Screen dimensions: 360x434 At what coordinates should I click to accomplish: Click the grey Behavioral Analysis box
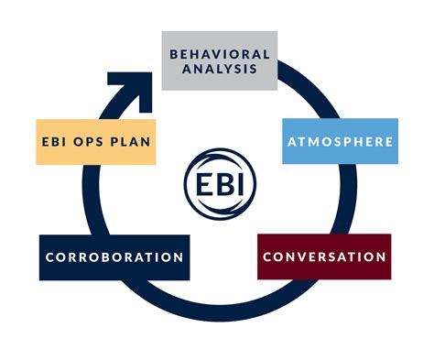[x=220, y=60]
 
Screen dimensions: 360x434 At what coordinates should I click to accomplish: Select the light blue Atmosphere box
[x=340, y=142]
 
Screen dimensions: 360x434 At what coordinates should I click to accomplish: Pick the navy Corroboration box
[x=114, y=257]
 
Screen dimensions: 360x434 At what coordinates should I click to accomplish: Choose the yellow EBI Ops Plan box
[x=97, y=143]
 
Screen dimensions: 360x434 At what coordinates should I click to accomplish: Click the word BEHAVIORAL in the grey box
[x=220, y=54]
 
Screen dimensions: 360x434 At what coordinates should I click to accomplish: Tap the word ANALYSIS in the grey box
[x=220, y=68]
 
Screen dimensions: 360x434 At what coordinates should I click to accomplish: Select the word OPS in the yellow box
[x=98, y=143]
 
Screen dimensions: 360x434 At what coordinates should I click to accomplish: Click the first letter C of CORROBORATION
[x=49, y=257]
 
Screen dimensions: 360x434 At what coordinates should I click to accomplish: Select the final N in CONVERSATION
[x=381, y=256]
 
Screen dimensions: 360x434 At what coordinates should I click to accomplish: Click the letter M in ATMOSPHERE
[x=313, y=142]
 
